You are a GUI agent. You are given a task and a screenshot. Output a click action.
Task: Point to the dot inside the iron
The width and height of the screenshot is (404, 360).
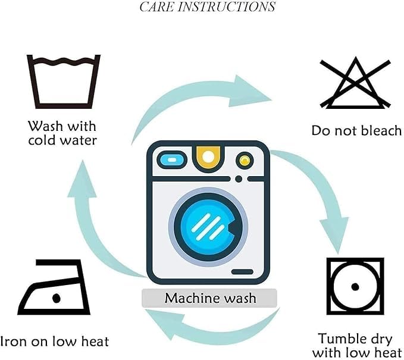(57, 298)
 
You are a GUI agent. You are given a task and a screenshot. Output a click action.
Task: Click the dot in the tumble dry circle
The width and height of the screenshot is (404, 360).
(355, 287)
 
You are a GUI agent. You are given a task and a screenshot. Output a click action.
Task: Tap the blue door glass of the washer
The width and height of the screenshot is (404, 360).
(208, 226)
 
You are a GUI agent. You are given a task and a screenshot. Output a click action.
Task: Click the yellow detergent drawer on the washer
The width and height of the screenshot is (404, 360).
(208, 158)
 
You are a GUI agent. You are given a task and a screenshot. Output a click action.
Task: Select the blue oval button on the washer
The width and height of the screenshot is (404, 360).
(172, 160)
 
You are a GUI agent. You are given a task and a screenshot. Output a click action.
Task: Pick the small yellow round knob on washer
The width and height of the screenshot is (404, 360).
(245, 160)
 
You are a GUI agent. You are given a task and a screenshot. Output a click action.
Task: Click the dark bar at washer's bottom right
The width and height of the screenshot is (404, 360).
(242, 271)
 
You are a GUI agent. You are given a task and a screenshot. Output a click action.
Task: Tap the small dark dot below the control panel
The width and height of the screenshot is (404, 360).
(239, 179)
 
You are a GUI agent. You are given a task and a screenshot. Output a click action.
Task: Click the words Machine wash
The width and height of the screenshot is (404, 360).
(210, 298)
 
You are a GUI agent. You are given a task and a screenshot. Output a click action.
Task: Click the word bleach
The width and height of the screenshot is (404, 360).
(381, 130)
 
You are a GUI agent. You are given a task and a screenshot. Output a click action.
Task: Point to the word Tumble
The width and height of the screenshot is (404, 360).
(340, 339)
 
